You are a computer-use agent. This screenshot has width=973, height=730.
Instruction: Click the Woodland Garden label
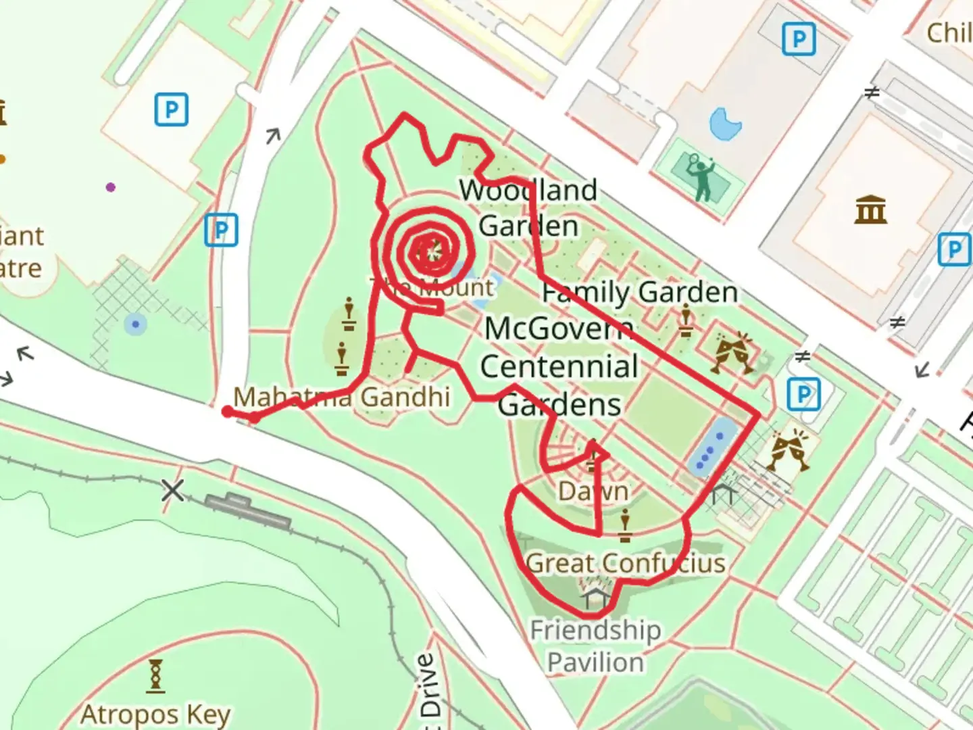click(528, 208)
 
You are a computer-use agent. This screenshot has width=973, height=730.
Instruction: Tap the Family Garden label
click(640, 292)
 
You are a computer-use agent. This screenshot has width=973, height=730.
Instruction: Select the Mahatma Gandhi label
click(341, 397)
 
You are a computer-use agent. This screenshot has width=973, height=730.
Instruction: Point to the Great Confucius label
click(625, 563)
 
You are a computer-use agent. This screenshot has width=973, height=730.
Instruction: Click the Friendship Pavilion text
click(595, 646)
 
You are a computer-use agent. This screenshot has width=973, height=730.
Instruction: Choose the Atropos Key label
click(155, 714)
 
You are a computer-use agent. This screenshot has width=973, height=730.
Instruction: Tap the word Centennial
click(559, 366)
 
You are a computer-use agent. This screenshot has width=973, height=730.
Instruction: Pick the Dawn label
click(593, 491)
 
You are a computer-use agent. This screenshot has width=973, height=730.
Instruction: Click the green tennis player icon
click(701, 176)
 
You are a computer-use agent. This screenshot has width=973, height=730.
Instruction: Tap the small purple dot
click(111, 187)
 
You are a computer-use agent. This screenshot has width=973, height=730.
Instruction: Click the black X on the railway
click(172, 490)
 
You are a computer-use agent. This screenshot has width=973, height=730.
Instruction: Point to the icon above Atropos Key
click(155, 676)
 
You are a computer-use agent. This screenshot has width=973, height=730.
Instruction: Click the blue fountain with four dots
click(711, 445)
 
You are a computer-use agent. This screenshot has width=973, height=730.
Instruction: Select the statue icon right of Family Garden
click(686, 321)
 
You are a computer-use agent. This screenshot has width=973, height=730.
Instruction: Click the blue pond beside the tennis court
click(725, 124)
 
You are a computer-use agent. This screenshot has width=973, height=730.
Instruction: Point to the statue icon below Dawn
click(625, 527)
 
